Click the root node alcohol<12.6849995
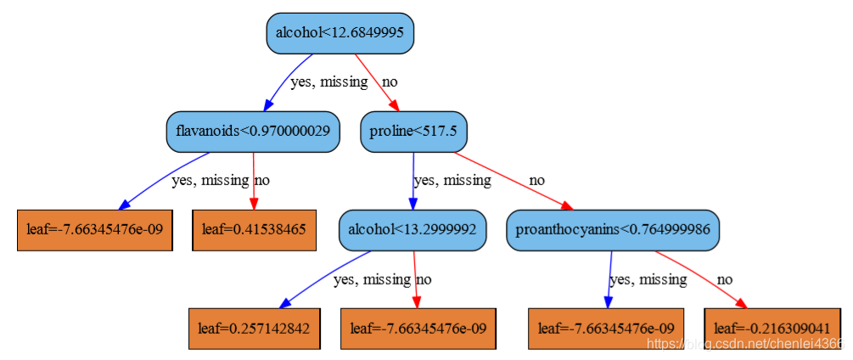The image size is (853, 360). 340,33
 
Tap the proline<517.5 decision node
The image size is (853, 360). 414,132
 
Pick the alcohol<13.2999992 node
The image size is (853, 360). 412,229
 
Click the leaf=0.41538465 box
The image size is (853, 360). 254,230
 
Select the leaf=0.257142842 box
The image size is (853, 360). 253,328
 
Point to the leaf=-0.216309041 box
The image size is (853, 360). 772,328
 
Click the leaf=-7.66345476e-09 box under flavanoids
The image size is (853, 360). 95,230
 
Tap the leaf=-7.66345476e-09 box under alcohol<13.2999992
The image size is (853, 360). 418,328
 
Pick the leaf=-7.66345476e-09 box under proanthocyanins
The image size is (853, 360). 606,328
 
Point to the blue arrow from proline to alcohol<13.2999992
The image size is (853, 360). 412,180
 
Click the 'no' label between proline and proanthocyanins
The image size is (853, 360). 536,180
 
